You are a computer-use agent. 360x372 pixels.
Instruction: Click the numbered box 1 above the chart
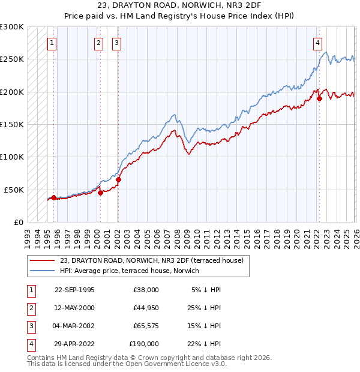[53, 43]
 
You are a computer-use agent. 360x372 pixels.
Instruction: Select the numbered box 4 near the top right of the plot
[317, 43]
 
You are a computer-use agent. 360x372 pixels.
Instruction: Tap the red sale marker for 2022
[319, 98]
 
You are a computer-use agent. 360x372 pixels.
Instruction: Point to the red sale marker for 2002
[119, 179]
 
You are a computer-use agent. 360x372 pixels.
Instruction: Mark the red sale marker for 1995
[54, 197]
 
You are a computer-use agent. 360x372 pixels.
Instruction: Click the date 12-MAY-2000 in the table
[74, 307]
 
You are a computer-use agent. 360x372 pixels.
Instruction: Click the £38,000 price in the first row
[144, 289]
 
